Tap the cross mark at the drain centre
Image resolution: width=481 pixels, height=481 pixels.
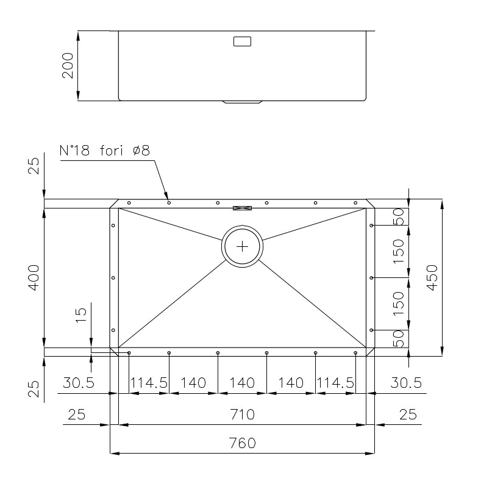click(x=243, y=246)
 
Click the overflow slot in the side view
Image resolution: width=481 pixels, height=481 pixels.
click(x=243, y=42)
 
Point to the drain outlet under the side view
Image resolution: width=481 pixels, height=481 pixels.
click(x=243, y=102)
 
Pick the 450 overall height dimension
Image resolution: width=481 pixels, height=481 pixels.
click(x=431, y=277)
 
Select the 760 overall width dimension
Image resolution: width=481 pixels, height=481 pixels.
click(x=243, y=443)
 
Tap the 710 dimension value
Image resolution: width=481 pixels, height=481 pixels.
click(x=243, y=415)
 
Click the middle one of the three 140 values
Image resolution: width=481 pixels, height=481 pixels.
click(x=242, y=383)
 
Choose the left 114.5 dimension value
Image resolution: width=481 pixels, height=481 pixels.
click(x=149, y=383)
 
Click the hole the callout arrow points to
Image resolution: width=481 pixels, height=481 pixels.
click(x=169, y=202)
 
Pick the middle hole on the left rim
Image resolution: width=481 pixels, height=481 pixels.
click(x=113, y=278)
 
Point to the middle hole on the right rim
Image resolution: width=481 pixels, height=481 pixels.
click(x=372, y=278)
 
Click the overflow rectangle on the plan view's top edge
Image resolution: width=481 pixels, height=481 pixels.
click(x=243, y=208)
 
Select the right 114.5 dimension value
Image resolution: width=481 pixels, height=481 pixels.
click(x=335, y=383)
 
